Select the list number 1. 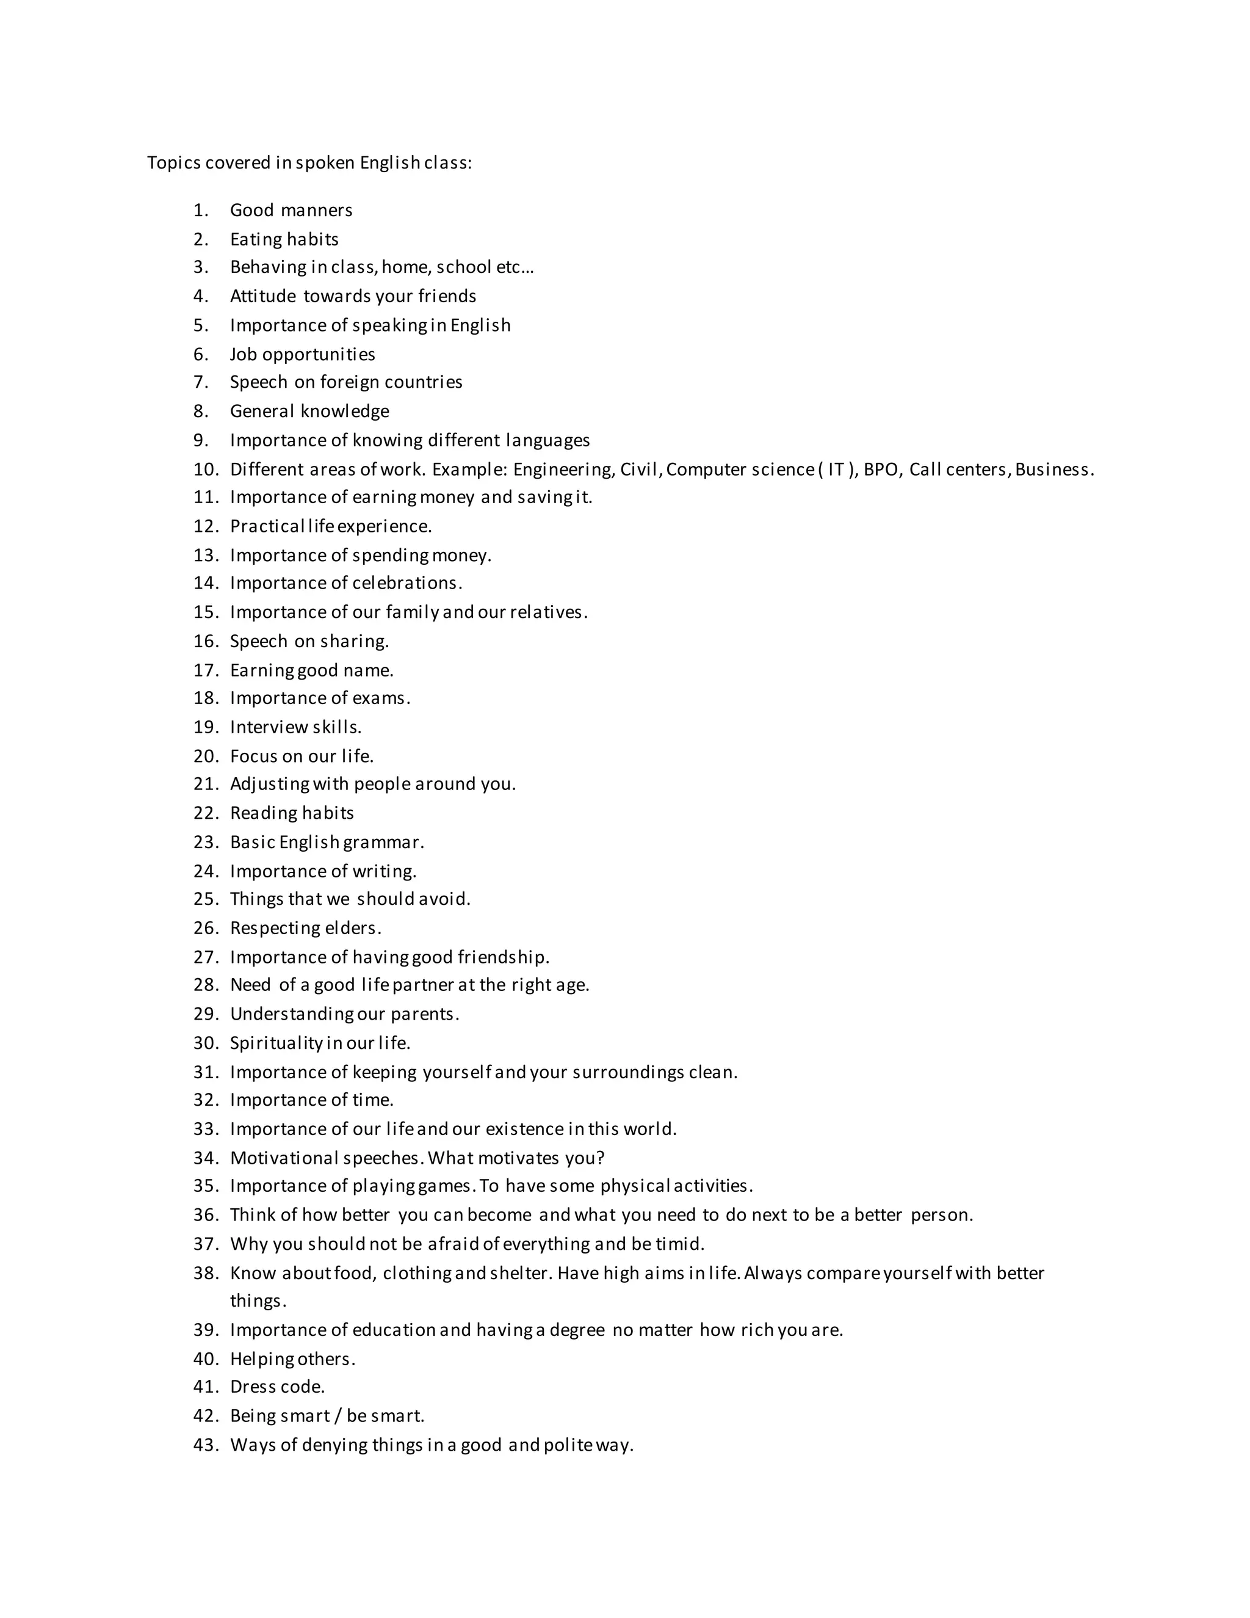click(201, 211)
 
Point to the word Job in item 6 click(243, 354)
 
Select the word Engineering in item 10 click(562, 470)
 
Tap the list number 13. click(206, 556)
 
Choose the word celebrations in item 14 click(406, 583)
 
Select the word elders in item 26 click(353, 928)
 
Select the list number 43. click(206, 1445)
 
